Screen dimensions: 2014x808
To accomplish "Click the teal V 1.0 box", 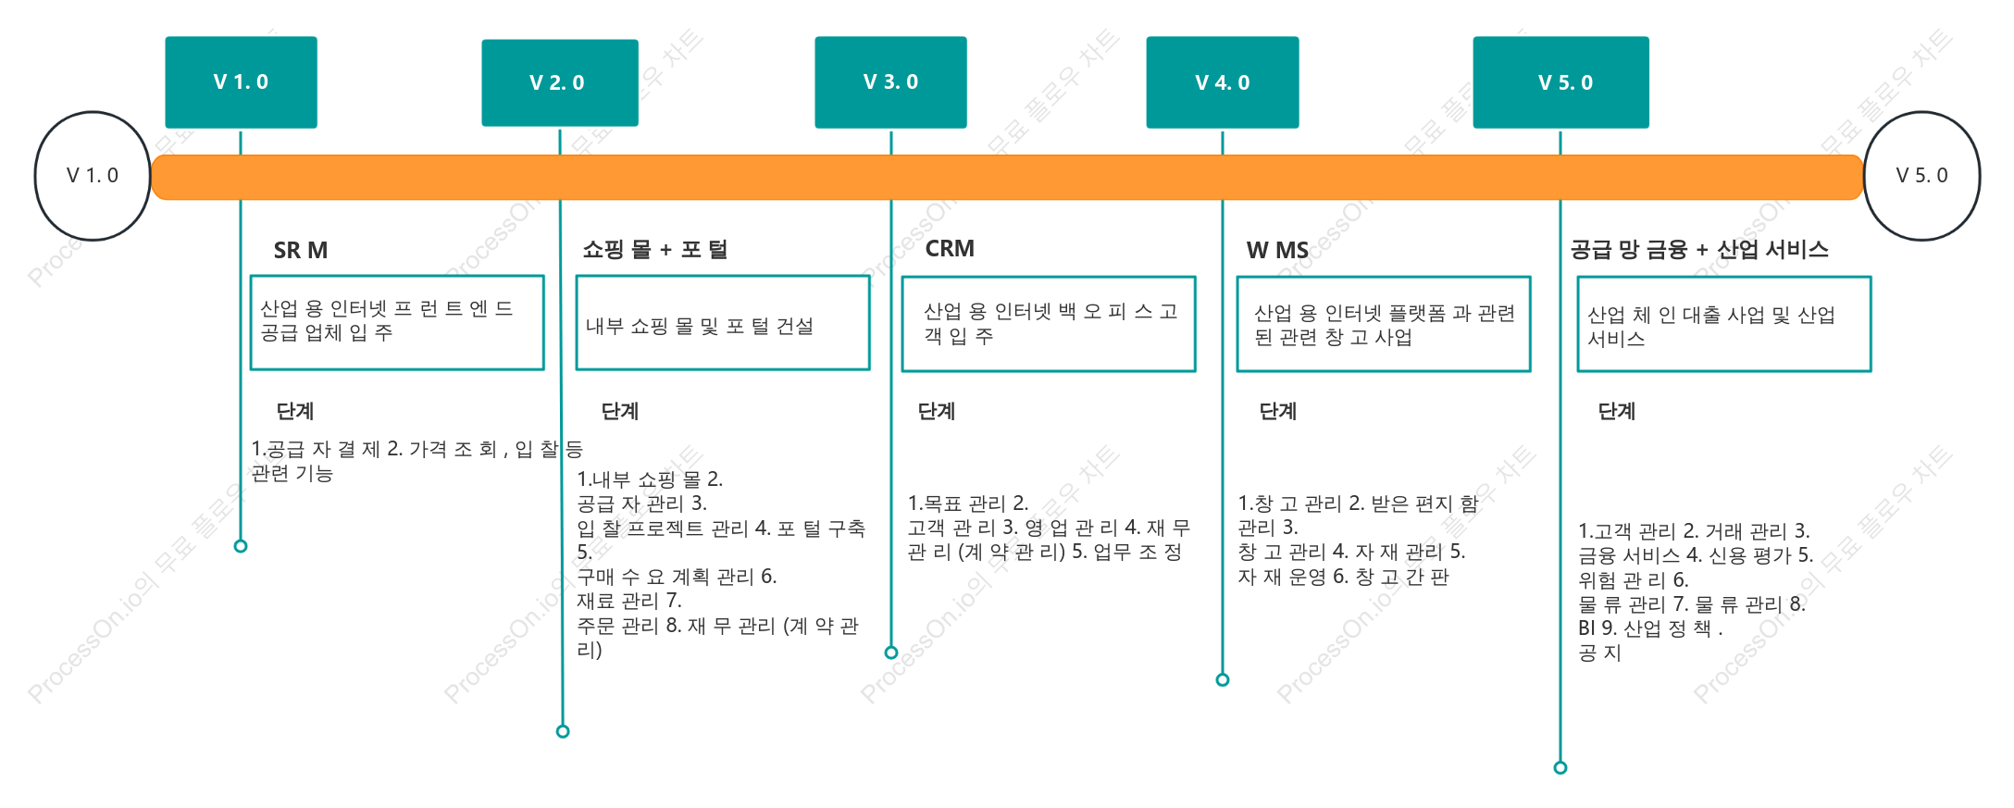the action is click(241, 82).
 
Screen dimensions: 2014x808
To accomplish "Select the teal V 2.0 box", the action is click(560, 82).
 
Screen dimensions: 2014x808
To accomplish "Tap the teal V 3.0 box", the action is click(890, 82).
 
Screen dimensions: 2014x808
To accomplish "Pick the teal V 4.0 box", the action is click(1223, 82).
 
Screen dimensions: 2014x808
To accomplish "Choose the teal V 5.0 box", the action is click(1560, 82).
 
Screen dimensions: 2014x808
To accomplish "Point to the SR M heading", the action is click(301, 250).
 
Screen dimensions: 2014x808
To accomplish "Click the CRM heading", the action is click(950, 248).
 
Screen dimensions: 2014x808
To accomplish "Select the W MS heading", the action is click(1277, 250).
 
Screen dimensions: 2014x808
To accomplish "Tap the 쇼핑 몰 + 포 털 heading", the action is click(655, 249).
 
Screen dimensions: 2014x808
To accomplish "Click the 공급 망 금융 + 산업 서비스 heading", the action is click(1699, 249).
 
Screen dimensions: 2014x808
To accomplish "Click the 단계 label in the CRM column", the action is click(937, 411).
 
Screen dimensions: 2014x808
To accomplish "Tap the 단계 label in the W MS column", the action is click(1278, 411).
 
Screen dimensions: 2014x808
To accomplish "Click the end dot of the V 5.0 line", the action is click(1560, 767).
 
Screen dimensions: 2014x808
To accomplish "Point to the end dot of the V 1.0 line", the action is click(241, 546).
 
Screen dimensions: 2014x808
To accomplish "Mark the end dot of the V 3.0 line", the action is click(891, 653).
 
